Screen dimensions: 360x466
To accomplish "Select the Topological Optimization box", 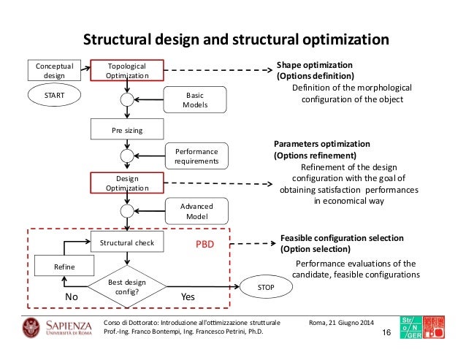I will point(127,69).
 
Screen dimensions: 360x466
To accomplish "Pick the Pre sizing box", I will point(127,131).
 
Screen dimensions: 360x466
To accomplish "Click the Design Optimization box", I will point(127,183).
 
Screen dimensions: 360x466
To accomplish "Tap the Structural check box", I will point(127,242).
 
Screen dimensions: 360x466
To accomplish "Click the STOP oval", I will point(266,288).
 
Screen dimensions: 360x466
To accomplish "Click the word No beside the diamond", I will point(71,298).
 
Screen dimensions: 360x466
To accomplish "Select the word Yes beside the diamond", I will point(188,298).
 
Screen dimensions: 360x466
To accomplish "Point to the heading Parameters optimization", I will point(322,144).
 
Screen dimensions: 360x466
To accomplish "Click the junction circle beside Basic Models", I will point(127,100).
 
